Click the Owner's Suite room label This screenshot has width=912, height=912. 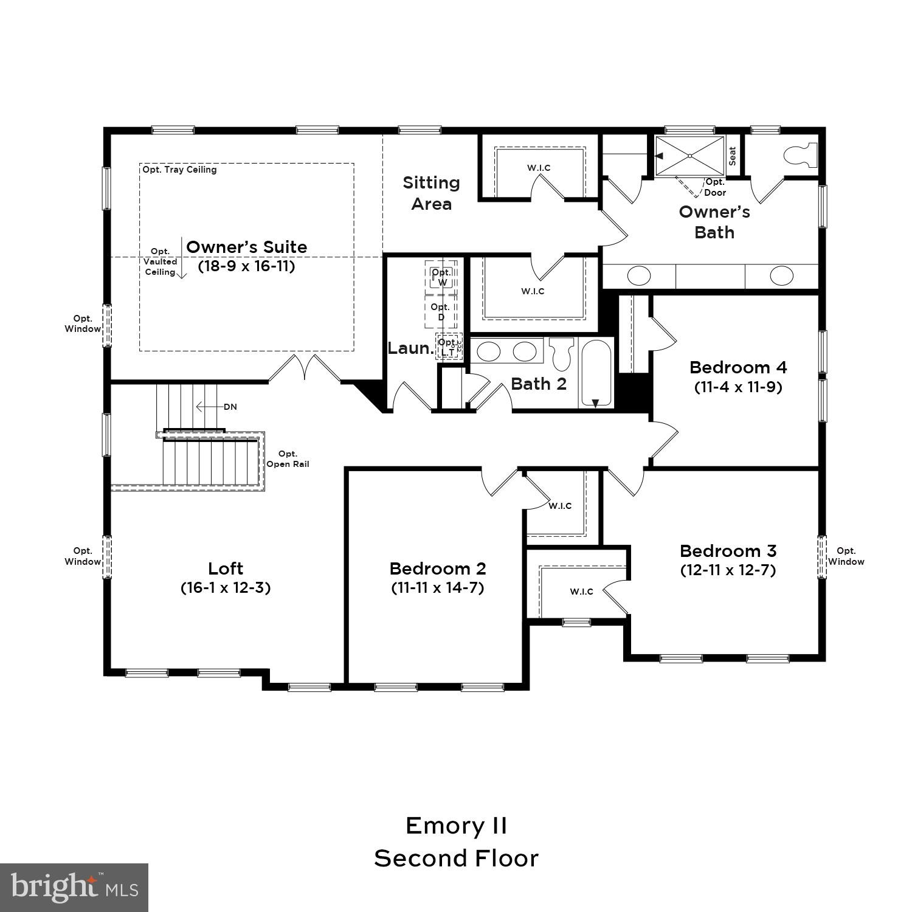[x=246, y=247]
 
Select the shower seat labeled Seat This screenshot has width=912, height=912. [x=732, y=156]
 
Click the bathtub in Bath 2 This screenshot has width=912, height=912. [x=596, y=373]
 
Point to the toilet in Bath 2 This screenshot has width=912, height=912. [x=561, y=353]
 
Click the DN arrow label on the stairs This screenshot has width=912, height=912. [x=230, y=407]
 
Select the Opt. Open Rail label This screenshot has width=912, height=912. [x=288, y=459]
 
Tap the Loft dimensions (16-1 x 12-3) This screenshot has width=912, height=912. [x=226, y=588]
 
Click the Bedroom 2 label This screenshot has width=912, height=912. [x=438, y=568]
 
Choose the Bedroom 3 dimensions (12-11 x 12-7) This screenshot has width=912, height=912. [x=728, y=570]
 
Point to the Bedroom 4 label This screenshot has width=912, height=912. [x=738, y=367]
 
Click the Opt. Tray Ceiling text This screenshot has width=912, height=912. [x=179, y=170]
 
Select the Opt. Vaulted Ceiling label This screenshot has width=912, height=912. [x=160, y=261]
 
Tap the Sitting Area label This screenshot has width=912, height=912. [x=431, y=193]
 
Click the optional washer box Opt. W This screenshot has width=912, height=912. [x=441, y=277]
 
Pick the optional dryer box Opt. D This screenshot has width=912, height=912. [x=440, y=312]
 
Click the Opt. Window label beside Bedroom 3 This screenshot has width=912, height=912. [x=846, y=556]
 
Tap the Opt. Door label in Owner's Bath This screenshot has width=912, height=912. [x=715, y=187]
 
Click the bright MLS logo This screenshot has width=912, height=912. [x=74, y=888]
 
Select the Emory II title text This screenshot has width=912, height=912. [x=456, y=826]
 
